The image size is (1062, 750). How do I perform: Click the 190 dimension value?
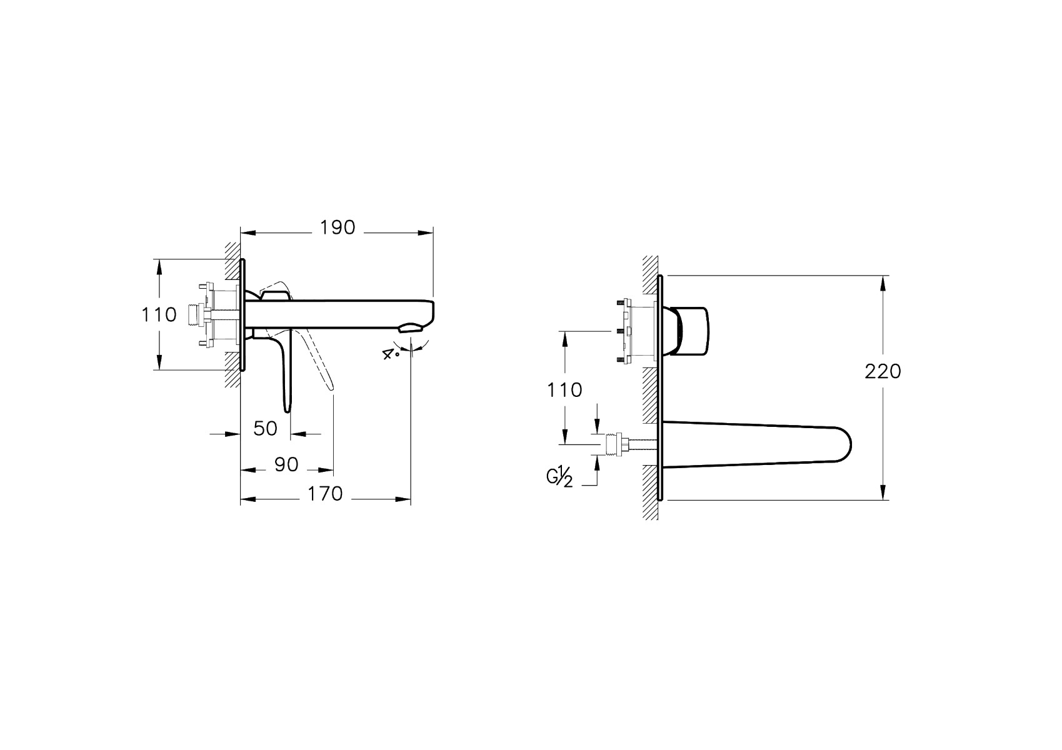click(338, 228)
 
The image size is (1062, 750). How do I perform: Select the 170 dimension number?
click(325, 494)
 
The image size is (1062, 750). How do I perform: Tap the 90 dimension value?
click(286, 465)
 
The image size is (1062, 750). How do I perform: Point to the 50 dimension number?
click(266, 429)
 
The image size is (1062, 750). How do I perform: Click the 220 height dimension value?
click(883, 372)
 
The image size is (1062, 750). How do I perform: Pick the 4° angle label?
click(389, 353)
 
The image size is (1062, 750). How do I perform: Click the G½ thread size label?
click(559, 476)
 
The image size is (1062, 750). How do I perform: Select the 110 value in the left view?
click(159, 315)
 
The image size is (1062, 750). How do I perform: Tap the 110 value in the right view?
click(564, 390)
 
